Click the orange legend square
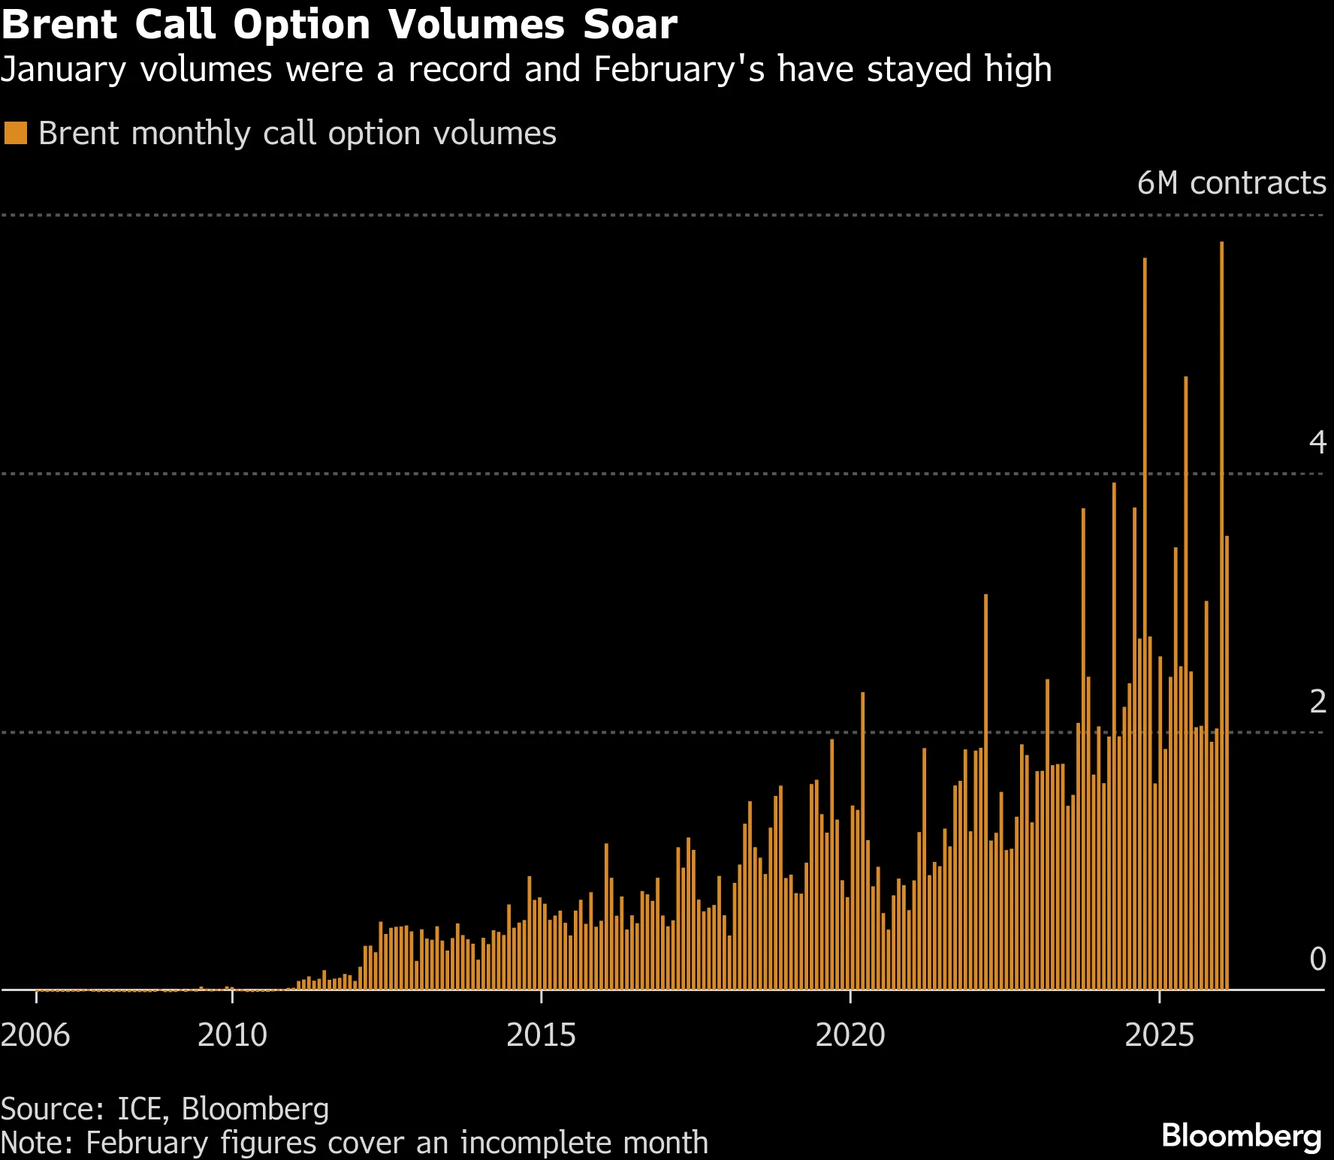pos(15,134)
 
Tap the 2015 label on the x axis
pos(541,1035)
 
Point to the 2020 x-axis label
pos(850,1035)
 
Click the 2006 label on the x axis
pos(35,1035)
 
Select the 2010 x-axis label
pos(232,1035)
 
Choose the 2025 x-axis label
pos(1159,1035)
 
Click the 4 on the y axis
pos(1317,442)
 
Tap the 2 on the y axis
pos(1317,701)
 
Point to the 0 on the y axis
pos(1317,959)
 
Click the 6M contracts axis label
pos(1231,183)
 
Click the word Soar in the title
pos(630,25)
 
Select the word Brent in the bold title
pos(59,25)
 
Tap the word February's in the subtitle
pos(679,70)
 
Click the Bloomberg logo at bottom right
pos(1241,1136)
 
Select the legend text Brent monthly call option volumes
pos(297,134)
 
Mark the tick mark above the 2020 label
pos(850,996)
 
